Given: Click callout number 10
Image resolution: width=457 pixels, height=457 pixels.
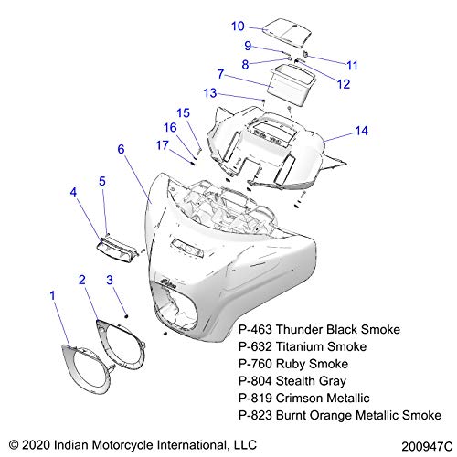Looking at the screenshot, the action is pyautogui.click(x=238, y=27).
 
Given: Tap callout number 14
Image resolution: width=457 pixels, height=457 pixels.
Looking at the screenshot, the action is pyautogui.click(x=362, y=131).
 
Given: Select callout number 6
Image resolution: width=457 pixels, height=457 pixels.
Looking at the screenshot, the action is pyautogui.click(x=121, y=149).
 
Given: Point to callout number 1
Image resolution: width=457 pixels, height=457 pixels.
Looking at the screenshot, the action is pyautogui.click(x=53, y=295).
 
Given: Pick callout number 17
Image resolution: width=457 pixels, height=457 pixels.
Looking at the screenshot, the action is pyautogui.click(x=162, y=145).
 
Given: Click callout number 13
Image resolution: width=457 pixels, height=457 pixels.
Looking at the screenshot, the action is pyautogui.click(x=210, y=93).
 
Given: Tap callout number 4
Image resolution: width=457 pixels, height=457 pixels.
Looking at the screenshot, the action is pyautogui.click(x=73, y=192).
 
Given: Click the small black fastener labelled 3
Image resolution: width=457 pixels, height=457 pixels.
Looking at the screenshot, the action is pyautogui.click(x=127, y=316).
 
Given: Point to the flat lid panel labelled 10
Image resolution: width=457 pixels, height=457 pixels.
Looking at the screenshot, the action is pyautogui.click(x=287, y=33).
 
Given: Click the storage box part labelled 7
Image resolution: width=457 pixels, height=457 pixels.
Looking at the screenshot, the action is pyautogui.click(x=291, y=85).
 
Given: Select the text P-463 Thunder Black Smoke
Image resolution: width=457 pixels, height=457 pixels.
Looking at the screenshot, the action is pyautogui.click(x=319, y=329).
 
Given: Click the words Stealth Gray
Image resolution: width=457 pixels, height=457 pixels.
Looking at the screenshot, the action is pyautogui.click(x=311, y=381).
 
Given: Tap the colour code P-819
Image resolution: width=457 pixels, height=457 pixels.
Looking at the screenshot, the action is pyautogui.click(x=255, y=398).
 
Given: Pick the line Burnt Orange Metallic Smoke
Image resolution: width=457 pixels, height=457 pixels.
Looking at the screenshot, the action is pyautogui.click(x=358, y=415).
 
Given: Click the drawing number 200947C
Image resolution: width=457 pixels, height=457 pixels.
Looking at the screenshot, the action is pyautogui.click(x=427, y=447).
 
